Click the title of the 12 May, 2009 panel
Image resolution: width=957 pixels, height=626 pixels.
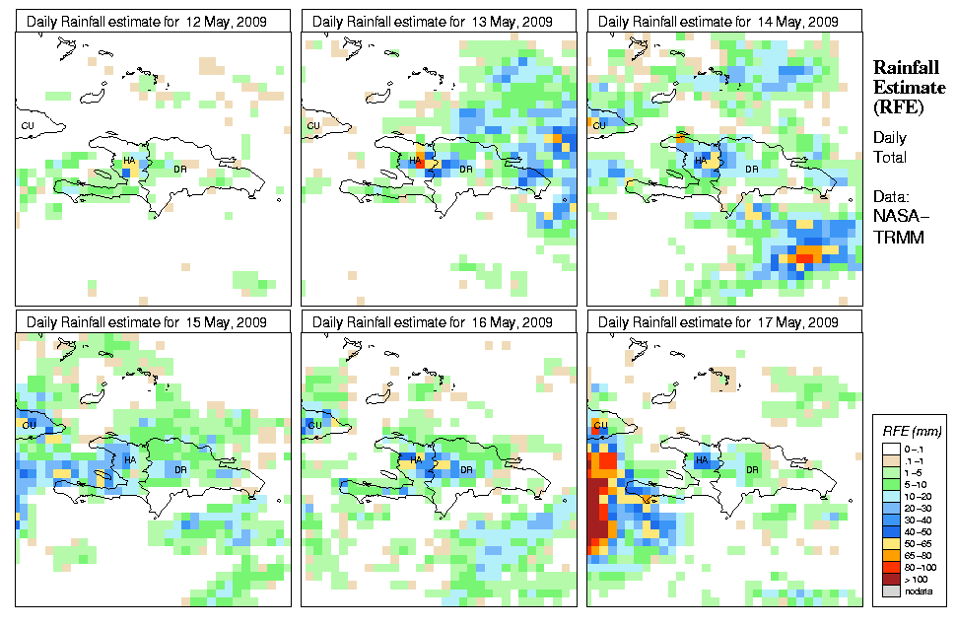pyautogui.click(x=147, y=22)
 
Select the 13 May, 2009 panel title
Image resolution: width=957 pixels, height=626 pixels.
pyautogui.click(x=433, y=22)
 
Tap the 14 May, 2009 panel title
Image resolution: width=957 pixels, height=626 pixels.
pyautogui.click(x=718, y=22)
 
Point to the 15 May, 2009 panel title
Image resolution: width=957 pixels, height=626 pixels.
pyautogui.click(x=147, y=322)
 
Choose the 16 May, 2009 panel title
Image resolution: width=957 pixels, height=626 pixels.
pyautogui.click(x=433, y=322)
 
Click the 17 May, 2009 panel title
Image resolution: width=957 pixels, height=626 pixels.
pyautogui.click(x=718, y=322)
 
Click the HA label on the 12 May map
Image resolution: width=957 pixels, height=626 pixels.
pyautogui.click(x=129, y=160)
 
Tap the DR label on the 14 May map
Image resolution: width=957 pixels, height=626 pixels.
pyautogui.click(x=752, y=169)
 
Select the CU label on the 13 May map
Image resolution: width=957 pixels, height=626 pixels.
pyautogui.click(x=313, y=125)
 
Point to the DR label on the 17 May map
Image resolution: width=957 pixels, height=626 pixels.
pyautogui.click(x=752, y=469)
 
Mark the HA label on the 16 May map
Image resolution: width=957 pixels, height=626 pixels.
pyautogui.click(x=415, y=459)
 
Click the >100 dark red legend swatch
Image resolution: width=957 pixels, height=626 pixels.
pyautogui.click(x=890, y=580)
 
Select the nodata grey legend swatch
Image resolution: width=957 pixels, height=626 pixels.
pyautogui.click(x=890, y=591)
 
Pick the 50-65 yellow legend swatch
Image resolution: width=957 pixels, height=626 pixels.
pyautogui.click(x=890, y=544)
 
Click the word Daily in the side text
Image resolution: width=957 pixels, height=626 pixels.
pyautogui.click(x=890, y=138)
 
